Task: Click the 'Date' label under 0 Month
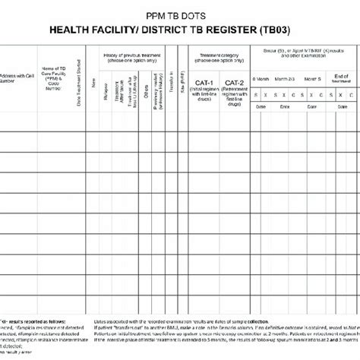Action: (x=263, y=109)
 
